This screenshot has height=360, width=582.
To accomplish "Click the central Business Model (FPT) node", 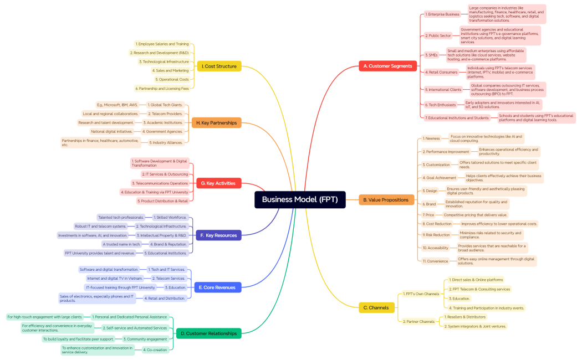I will [x=300, y=200].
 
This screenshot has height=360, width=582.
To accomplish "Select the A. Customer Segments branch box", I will [x=388, y=66].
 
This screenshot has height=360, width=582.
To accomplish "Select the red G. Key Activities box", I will [x=218, y=183].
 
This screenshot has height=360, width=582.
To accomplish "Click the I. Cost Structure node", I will [x=219, y=66].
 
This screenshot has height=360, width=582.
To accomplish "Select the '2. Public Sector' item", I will [x=438, y=35].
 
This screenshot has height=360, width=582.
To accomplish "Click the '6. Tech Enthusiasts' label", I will [x=440, y=105].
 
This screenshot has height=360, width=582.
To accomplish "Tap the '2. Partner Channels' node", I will [x=419, y=321].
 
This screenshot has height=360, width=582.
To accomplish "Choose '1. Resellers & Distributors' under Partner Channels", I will [x=464, y=317].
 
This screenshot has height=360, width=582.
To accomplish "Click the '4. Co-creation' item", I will [x=155, y=349].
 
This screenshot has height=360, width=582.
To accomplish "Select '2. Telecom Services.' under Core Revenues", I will [x=169, y=278].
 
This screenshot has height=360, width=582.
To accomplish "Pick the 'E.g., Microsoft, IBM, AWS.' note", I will [x=118, y=105].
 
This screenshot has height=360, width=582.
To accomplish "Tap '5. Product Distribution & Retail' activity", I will [x=163, y=201].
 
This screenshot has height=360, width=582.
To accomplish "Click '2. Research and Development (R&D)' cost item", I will [x=160, y=53].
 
